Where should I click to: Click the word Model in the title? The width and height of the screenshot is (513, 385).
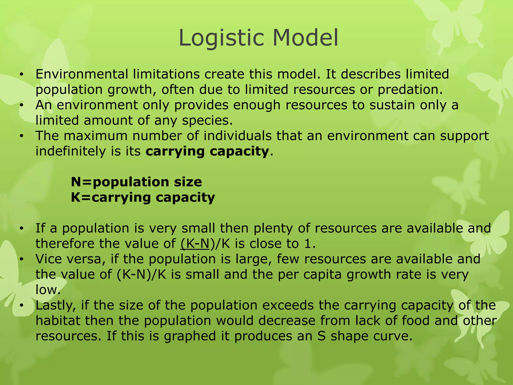[x=305, y=38]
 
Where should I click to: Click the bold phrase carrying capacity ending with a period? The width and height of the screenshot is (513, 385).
[x=207, y=151]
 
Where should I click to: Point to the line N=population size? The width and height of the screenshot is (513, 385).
[x=136, y=182]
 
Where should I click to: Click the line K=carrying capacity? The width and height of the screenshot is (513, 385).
[x=143, y=198]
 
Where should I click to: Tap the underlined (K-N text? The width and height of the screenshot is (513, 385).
[x=195, y=244]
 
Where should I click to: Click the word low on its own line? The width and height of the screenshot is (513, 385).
[x=48, y=290]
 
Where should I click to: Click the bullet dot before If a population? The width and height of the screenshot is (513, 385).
[x=22, y=228]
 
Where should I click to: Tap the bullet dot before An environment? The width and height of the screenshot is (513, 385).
[x=22, y=105]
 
